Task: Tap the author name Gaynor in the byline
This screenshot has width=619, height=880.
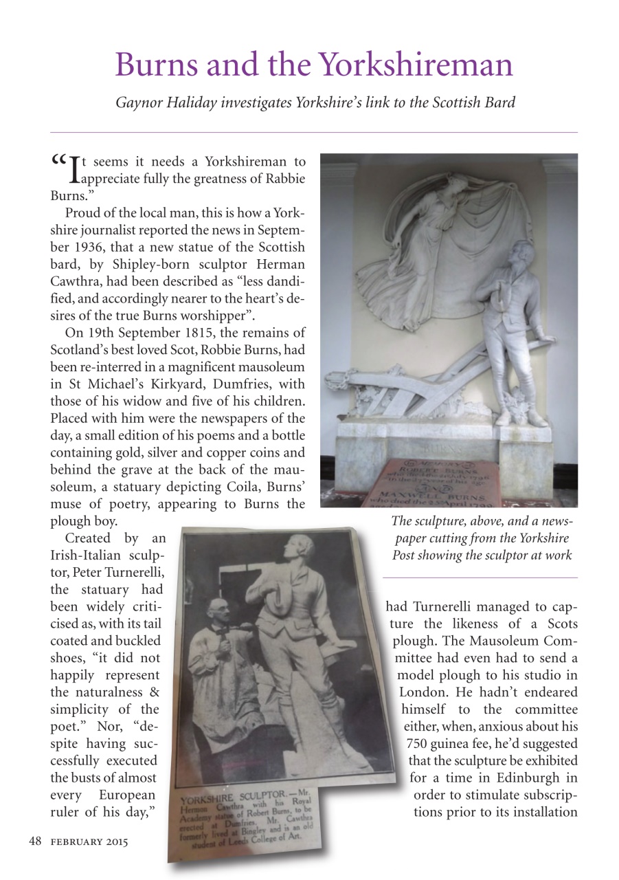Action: (139, 102)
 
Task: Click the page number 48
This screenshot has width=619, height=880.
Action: (35, 841)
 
